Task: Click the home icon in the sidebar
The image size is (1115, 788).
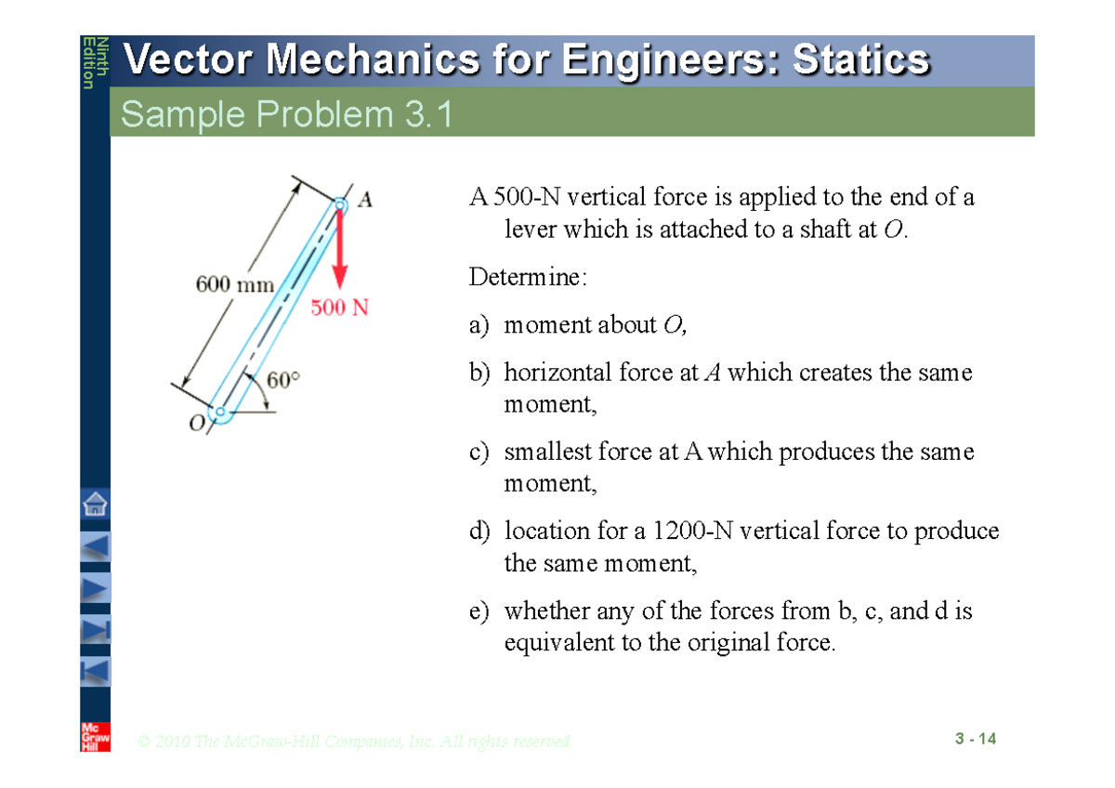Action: coord(95,506)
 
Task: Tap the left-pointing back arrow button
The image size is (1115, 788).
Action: coord(95,546)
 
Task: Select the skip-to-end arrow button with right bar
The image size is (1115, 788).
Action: coord(95,629)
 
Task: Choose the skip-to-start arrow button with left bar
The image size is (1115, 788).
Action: coord(95,670)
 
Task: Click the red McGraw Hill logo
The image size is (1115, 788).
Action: coord(95,735)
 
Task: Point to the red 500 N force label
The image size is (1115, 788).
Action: coord(339,308)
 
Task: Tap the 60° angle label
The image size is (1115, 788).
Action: coord(283,380)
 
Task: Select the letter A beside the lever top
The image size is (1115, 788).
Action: coord(365,199)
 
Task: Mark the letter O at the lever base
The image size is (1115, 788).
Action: coord(196,424)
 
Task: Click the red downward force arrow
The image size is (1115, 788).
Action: coord(340,250)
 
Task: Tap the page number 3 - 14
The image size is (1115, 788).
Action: coord(975,740)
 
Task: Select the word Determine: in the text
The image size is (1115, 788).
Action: coord(528,277)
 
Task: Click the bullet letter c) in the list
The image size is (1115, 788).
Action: coord(479,453)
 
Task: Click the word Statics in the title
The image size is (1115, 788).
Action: coord(860,61)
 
